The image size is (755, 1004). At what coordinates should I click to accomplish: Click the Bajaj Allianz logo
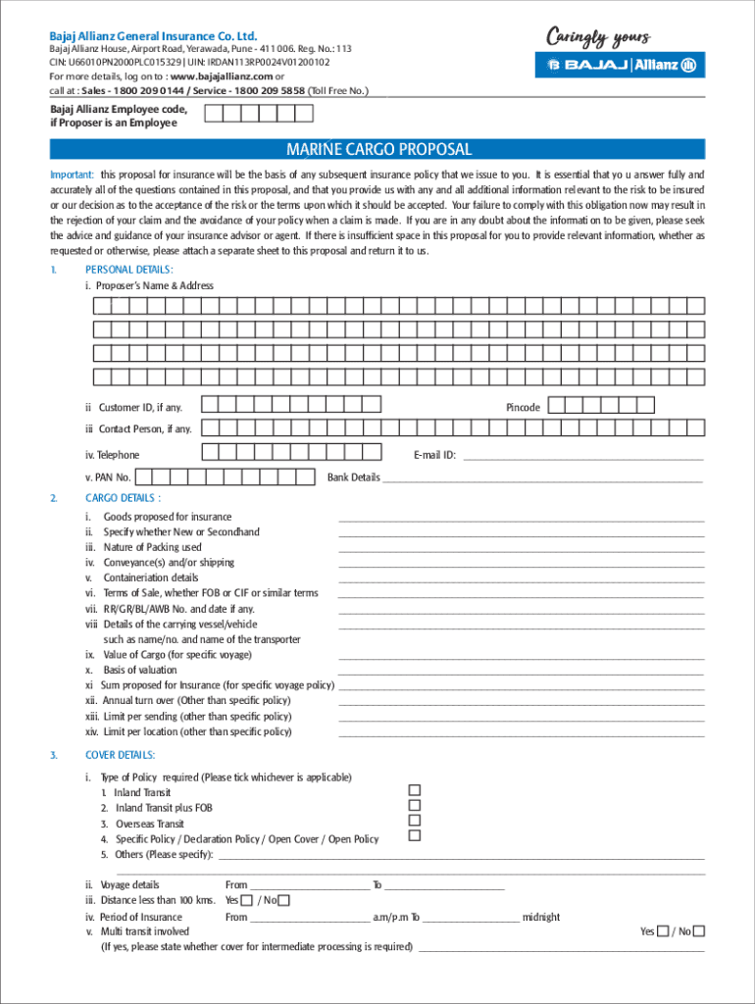pos(619,65)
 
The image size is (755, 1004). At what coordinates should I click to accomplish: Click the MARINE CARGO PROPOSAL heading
pos(378,150)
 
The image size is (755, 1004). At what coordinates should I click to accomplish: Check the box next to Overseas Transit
pos(414,821)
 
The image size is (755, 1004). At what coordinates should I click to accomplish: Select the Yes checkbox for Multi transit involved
pos(664,931)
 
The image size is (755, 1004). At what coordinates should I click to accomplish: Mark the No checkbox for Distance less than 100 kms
pos(284,900)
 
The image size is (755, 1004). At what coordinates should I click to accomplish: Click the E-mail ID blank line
pos(582,457)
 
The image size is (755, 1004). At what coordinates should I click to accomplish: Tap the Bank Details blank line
pos(542,479)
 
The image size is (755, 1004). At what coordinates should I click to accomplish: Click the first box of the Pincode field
pos(557,405)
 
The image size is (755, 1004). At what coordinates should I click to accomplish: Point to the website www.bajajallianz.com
pos(221,75)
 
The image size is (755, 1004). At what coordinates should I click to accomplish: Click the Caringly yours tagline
pos(597,37)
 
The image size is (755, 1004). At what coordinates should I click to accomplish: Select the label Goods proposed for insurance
pos(168,517)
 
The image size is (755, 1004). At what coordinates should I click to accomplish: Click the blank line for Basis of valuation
pos(521,672)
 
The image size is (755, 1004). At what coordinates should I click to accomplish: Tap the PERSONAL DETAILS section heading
pos(129,270)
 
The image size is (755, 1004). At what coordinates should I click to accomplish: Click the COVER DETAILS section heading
pos(120,755)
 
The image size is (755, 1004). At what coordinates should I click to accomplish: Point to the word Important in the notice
pos(72,175)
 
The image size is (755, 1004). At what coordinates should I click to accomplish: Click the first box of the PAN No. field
pos(143,477)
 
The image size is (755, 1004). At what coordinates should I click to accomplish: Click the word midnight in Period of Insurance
pos(541,918)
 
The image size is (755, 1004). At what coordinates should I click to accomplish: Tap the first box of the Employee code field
pos(212,114)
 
